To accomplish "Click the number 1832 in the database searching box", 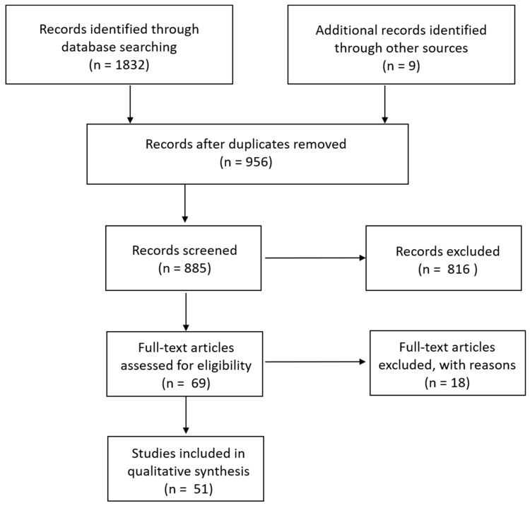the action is [x=130, y=64].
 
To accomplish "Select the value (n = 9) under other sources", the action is [x=401, y=66].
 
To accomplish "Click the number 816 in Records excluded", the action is [x=459, y=269].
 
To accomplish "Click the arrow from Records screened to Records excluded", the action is [x=315, y=258].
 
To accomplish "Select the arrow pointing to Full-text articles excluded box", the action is [x=315, y=362].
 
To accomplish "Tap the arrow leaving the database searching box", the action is [x=130, y=104].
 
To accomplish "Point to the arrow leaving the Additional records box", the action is [x=384, y=104].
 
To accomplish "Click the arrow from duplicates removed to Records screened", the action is [x=185, y=203].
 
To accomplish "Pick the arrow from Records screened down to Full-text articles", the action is [x=186, y=311].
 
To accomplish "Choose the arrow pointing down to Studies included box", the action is [x=186, y=415].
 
